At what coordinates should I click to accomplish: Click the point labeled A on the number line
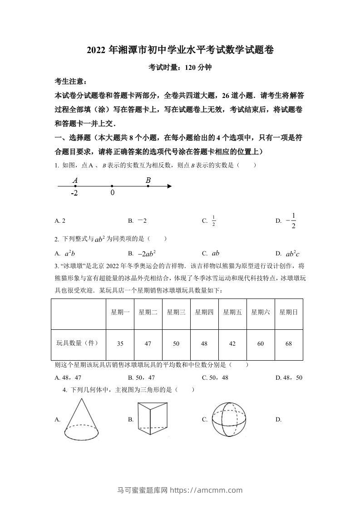click(74, 186)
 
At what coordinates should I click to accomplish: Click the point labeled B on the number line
click(148, 186)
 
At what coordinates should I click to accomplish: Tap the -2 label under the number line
click(74, 193)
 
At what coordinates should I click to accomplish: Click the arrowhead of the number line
click(169, 186)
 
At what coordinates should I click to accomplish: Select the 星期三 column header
click(176, 312)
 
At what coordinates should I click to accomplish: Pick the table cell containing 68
click(289, 344)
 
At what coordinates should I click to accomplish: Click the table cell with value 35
click(120, 344)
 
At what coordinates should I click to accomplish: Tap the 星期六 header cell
click(261, 312)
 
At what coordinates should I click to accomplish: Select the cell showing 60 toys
click(261, 344)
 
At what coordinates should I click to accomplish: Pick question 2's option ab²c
click(293, 254)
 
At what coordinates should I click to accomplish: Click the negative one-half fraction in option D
click(291, 220)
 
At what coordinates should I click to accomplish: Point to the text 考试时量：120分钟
click(180, 68)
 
